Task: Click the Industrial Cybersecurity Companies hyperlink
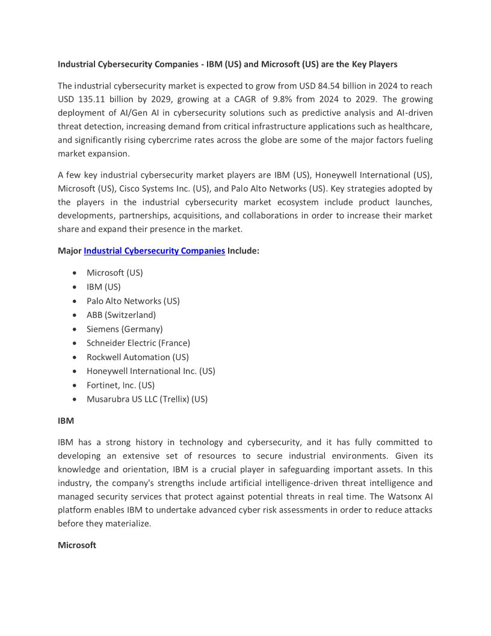pos(154,251)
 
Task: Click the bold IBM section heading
pos(66,421)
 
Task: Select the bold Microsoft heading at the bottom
pos(77,545)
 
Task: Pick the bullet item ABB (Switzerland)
pos(121,315)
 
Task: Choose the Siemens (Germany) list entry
pos(125,329)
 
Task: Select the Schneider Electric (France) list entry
pos(138,343)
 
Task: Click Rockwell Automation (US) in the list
pos(138,357)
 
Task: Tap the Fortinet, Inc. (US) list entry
pos(120,385)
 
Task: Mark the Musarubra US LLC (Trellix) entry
pos(147,399)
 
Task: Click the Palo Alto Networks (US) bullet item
pos(133,301)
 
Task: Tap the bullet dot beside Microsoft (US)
pos(73,273)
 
